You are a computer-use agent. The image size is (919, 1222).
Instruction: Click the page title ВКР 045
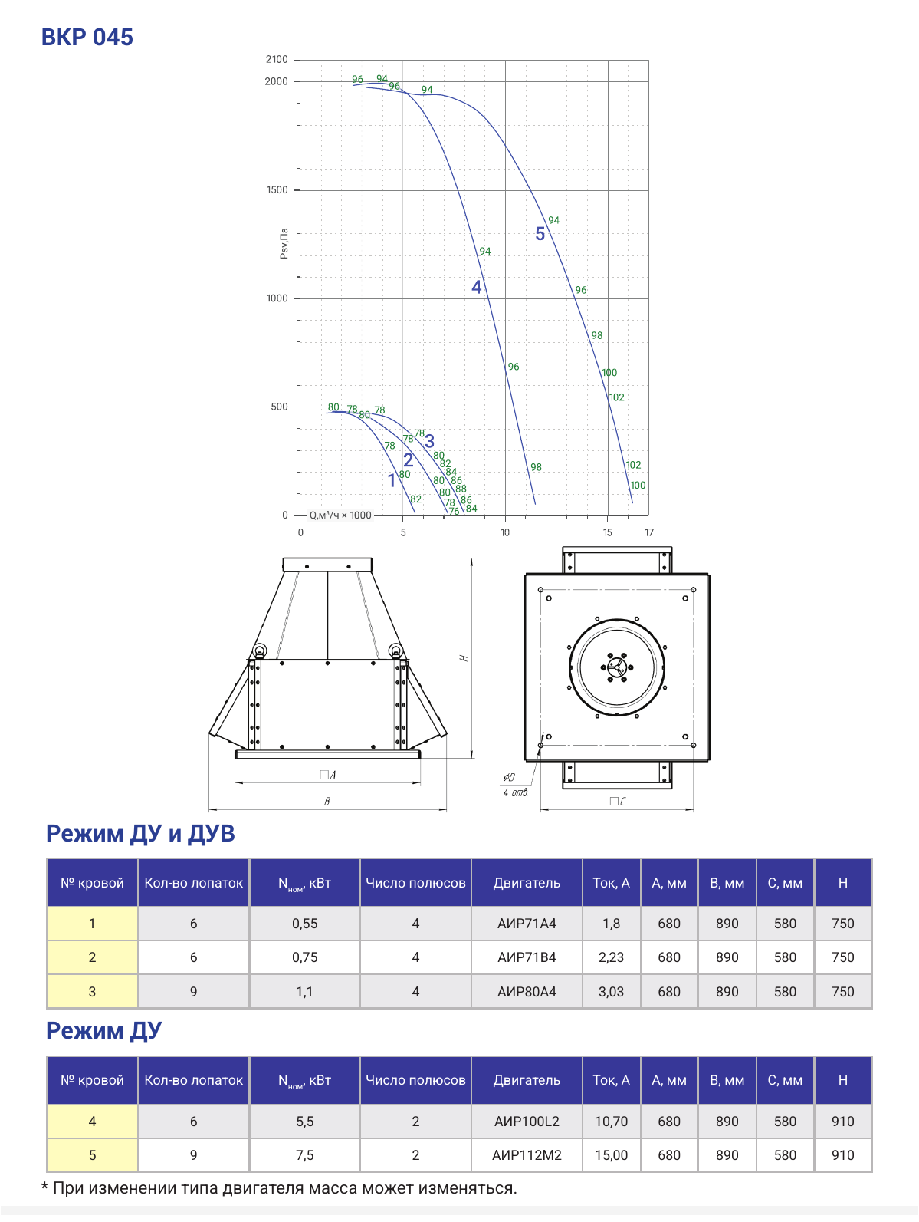pyautogui.click(x=87, y=38)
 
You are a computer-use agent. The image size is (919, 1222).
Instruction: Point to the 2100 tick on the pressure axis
pyautogui.click(x=277, y=60)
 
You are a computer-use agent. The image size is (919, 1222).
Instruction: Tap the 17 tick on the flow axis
pyautogui.click(x=648, y=532)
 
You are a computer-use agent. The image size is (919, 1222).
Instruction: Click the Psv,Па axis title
pyautogui.click(x=284, y=243)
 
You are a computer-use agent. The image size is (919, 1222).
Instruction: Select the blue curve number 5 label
pyautogui.click(x=540, y=234)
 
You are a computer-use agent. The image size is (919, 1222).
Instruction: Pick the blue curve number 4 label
pyautogui.click(x=476, y=287)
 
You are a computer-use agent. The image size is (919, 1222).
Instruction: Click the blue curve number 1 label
pyautogui.click(x=392, y=480)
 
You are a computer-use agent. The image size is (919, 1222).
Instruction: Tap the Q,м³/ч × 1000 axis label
pyautogui.click(x=340, y=515)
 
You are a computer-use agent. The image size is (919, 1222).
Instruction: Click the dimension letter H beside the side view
pyautogui.click(x=464, y=658)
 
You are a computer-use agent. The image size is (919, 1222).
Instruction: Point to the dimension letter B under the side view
pyautogui.click(x=327, y=801)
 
